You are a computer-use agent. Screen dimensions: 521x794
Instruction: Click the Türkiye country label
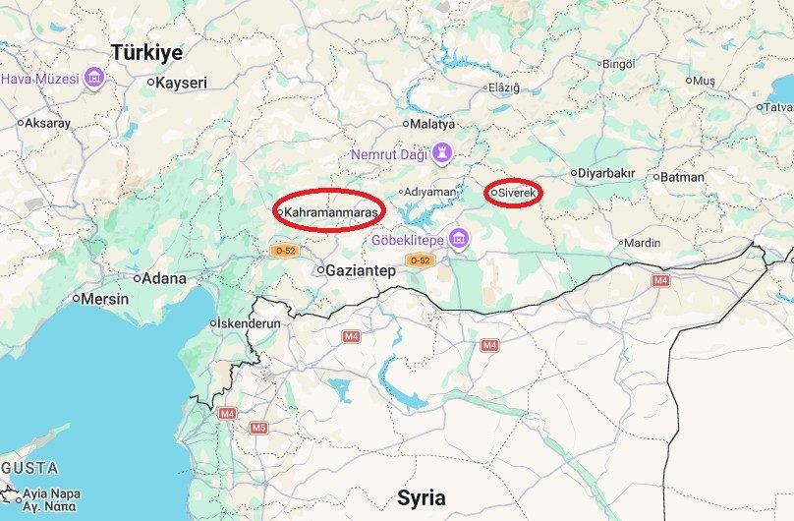[146, 52]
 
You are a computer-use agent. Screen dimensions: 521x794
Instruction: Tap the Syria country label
[423, 496]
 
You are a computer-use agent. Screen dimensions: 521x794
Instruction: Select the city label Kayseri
[182, 83]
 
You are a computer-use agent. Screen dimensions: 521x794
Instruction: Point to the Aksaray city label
[47, 123]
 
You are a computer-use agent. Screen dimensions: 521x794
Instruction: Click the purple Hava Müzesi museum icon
[94, 77]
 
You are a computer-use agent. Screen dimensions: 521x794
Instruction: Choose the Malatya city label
[433, 124]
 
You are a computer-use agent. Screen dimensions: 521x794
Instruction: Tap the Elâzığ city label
[504, 87]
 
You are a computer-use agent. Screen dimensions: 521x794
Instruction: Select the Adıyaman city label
[431, 192]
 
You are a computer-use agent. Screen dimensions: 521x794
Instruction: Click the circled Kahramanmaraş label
[330, 210]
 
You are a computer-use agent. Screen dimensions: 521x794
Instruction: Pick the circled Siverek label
[516, 193]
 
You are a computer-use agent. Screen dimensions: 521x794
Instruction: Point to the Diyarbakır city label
[606, 174]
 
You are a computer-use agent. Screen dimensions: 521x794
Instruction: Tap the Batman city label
[683, 177]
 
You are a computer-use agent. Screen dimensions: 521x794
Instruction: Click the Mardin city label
[644, 242]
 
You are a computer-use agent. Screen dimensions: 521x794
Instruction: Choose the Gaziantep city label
[361, 269]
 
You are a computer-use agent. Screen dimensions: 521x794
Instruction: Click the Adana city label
[164, 278]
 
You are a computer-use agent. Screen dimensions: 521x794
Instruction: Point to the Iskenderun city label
[249, 323]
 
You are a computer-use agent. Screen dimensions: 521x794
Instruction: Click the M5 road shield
[258, 428]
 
